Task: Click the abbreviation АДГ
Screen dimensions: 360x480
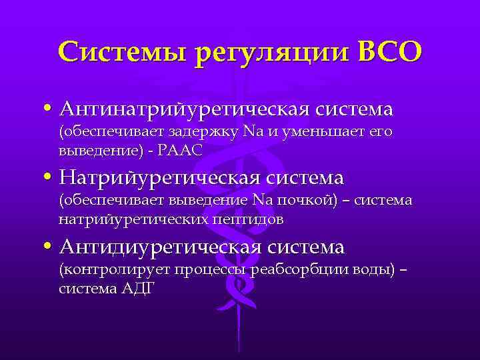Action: point(138,288)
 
